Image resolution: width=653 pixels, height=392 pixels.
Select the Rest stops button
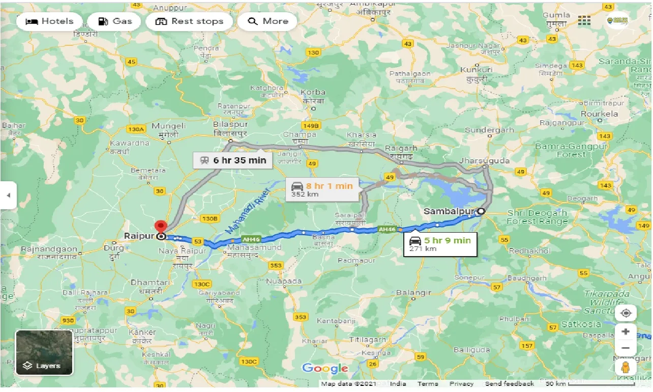(x=189, y=21)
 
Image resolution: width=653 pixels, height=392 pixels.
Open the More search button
(x=268, y=21)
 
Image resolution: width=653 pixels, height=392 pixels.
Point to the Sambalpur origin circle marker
(x=481, y=211)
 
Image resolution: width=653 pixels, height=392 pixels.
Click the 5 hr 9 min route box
(x=440, y=244)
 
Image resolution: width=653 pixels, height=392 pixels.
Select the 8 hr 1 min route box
(x=322, y=189)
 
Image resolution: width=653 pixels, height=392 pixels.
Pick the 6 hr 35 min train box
(x=232, y=160)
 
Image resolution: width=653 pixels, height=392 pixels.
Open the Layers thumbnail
(x=44, y=352)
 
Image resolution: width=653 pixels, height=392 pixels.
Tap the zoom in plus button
(x=626, y=332)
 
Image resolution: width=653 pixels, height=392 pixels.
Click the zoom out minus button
(x=626, y=348)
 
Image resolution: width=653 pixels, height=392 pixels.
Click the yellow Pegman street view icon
(x=626, y=368)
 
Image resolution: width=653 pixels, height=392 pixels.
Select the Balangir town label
(x=415, y=293)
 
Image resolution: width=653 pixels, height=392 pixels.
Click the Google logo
(x=325, y=368)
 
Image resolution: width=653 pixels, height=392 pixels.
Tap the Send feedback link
(x=509, y=384)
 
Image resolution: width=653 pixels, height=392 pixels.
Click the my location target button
(x=626, y=313)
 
